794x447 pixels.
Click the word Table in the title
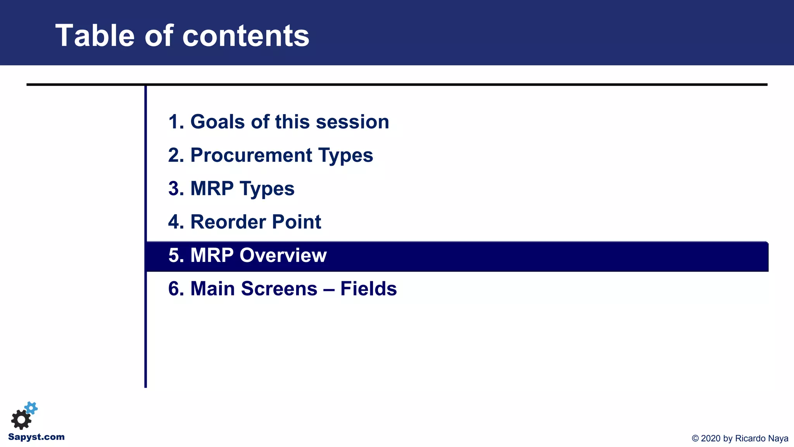tap(95, 36)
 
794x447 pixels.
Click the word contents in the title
tap(245, 36)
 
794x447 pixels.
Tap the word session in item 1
tap(352, 122)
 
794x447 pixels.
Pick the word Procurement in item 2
tap(251, 155)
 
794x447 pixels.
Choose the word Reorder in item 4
tap(228, 222)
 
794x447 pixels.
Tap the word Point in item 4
tap(297, 222)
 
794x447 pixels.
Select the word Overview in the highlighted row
tap(283, 255)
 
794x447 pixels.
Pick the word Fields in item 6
tap(369, 289)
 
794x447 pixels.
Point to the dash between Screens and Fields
tap(329, 289)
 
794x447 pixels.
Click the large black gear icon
tap(21, 419)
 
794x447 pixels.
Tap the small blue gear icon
tap(31, 408)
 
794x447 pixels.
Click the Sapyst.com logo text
tap(36, 437)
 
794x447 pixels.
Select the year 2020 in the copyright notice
tap(711, 438)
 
